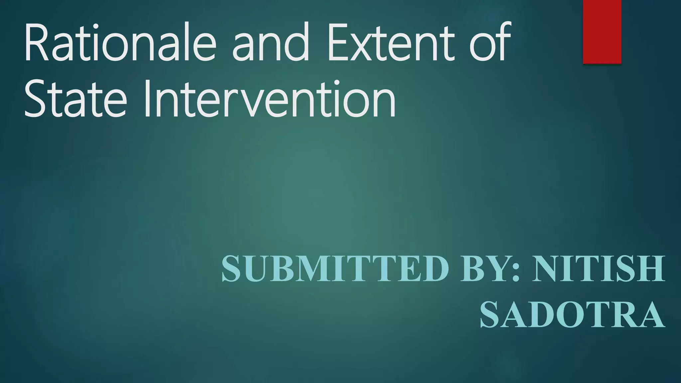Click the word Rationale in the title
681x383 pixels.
click(x=120, y=42)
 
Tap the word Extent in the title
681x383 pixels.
click(x=390, y=42)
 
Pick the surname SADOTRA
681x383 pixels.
click(x=572, y=314)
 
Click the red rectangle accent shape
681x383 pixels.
click(x=602, y=32)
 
